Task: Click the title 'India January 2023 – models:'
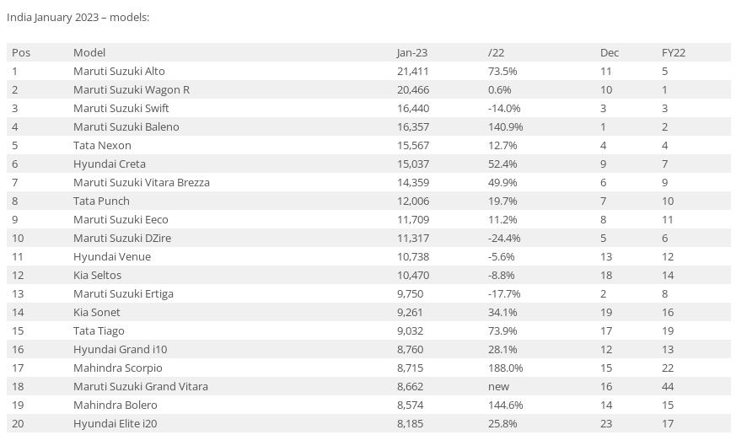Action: pos(78,17)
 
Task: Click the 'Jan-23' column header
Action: pos(412,52)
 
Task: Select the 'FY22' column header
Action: pos(673,52)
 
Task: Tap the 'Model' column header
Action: pos(89,52)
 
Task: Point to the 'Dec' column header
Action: pos(609,52)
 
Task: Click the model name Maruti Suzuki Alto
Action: pos(119,71)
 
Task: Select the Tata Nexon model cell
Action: pos(102,145)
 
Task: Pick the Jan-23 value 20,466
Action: pos(413,89)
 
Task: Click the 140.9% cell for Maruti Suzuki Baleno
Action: pos(505,126)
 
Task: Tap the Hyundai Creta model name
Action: pos(110,164)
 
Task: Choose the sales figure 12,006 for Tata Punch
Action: pos(413,201)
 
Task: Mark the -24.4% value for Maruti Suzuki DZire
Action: pos(504,238)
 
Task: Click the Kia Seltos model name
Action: pos(97,275)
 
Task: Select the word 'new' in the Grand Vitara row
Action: pos(498,386)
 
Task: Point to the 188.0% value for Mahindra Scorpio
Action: pos(505,368)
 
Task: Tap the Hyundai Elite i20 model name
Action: pos(115,423)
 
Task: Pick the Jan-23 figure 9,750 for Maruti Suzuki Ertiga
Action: pos(410,293)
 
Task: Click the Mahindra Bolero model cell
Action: pos(116,405)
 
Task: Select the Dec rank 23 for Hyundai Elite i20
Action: pos(606,423)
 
